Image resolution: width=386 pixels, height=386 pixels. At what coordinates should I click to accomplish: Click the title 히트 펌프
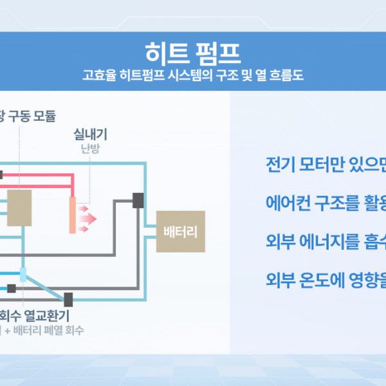click(192, 50)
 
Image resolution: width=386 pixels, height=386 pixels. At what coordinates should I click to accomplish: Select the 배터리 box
click(181, 232)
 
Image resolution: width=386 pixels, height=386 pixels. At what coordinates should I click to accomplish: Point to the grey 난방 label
click(90, 149)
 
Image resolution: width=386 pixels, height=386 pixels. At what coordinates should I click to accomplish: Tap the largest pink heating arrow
click(89, 219)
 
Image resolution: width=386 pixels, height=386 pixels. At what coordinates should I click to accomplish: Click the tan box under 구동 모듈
click(20, 207)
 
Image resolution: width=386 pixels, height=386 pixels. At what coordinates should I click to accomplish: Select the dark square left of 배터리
click(138, 200)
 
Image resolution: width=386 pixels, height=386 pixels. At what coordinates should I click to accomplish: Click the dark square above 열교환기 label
click(68, 299)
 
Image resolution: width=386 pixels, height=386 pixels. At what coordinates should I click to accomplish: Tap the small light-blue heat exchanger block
click(23, 275)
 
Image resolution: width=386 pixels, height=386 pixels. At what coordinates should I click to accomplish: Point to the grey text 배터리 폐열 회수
click(49, 331)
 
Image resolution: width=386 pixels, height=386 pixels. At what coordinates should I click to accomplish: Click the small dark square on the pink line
click(1, 174)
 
